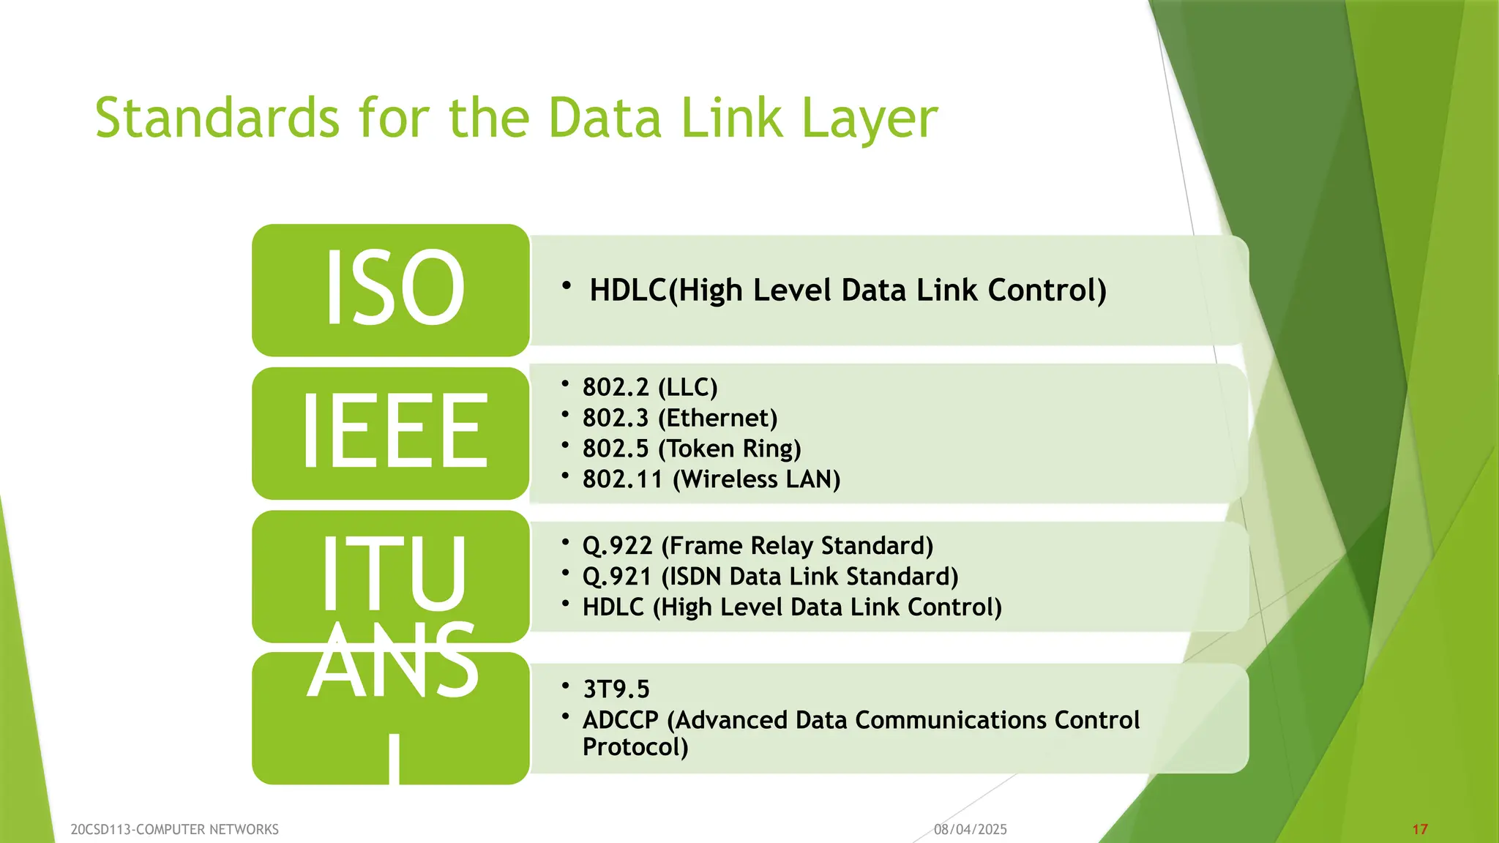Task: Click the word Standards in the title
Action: (x=217, y=118)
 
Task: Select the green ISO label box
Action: (x=391, y=290)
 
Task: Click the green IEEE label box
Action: (x=391, y=432)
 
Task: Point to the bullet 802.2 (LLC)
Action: (x=650, y=387)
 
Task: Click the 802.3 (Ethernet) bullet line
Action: (x=680, y=418)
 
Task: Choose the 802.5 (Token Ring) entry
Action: (x=692, y=449)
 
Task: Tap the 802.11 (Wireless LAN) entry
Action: (x=711, y=479)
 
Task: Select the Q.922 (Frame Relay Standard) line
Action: (x=758, y=546)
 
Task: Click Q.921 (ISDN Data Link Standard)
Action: (x=770, y=577)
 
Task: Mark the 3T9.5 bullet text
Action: (x=616, y=689)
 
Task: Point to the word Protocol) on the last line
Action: (x=635, y=747)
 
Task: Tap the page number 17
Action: (x=1420, y=829)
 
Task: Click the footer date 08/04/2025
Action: (x=971, y=829)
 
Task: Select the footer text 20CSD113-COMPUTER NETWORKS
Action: (x=175, y=829)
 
